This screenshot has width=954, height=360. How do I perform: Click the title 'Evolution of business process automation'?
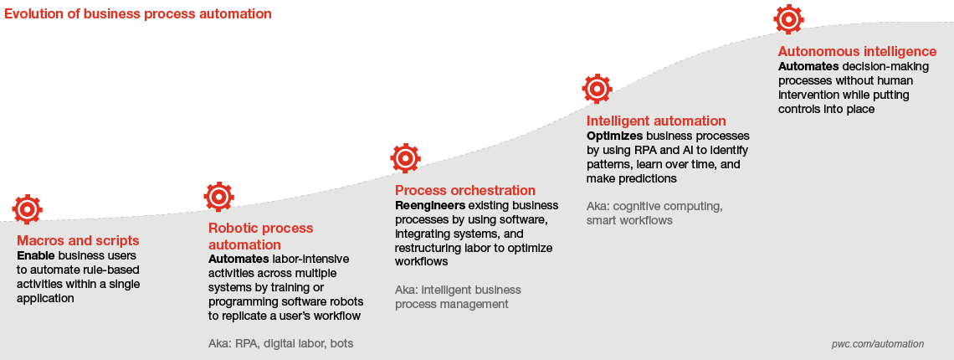[138, 13]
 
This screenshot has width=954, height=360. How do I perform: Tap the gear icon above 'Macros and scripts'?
[28, 209]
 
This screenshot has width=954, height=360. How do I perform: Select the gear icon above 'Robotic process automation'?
[219, 197]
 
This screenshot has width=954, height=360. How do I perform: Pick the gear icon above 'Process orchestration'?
[405, 158]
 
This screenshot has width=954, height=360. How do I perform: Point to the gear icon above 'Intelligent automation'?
[597, 89]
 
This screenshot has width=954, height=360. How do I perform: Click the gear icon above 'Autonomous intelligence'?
[788, 19]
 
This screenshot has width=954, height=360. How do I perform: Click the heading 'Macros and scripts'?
[78, 240]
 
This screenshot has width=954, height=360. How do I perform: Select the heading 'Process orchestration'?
[465, 191]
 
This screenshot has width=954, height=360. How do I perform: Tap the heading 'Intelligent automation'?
[656, 121]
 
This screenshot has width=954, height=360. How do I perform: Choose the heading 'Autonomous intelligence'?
[857, 51]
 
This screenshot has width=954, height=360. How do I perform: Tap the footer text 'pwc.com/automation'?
[877, 344]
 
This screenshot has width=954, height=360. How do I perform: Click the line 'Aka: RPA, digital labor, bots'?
[280, 343]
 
